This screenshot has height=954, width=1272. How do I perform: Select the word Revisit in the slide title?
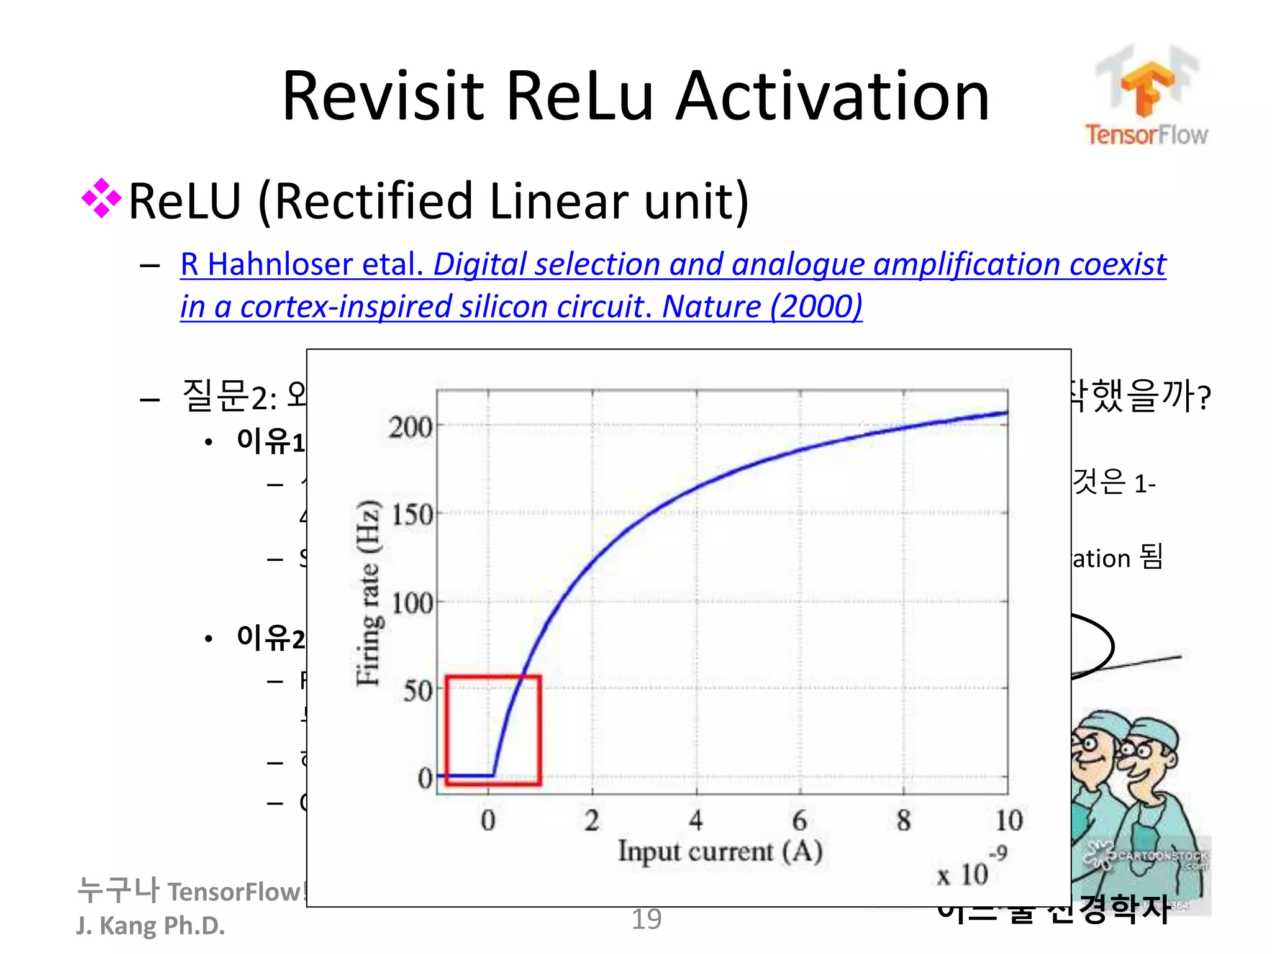tap(383, 96)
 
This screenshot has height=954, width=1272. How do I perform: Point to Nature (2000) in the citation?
tap(762, 307)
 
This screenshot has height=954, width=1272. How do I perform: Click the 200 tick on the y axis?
tap(411, 427)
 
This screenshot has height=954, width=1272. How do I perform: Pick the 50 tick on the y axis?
tap(417, 690)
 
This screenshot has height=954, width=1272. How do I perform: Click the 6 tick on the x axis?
tap(800, 820)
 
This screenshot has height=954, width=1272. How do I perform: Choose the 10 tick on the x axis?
tap(1009, 820)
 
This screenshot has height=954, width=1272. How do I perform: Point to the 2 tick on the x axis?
tap(592, 820)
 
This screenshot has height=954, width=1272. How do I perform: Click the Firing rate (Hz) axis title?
tap(368, 593)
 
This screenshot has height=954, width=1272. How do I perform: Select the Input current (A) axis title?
tap(720, 852)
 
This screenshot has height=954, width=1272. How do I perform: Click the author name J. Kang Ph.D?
tap(150, 925)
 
